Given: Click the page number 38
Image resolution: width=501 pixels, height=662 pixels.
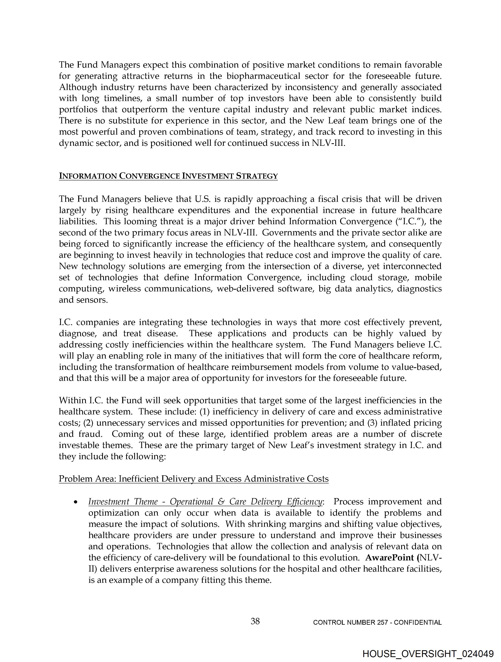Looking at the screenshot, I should coord(255,621).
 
